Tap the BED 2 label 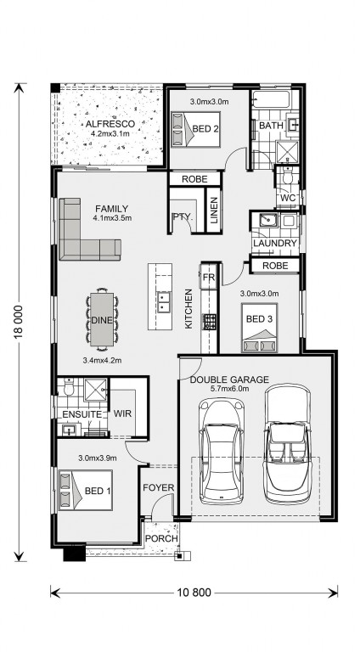205,129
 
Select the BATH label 270,126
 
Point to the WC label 289,198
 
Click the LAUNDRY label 274,244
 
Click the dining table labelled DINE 104,320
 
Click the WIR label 122,413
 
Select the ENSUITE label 82,413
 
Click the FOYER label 158,488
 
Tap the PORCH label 161,539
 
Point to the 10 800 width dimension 194,592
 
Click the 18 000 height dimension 19,321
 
